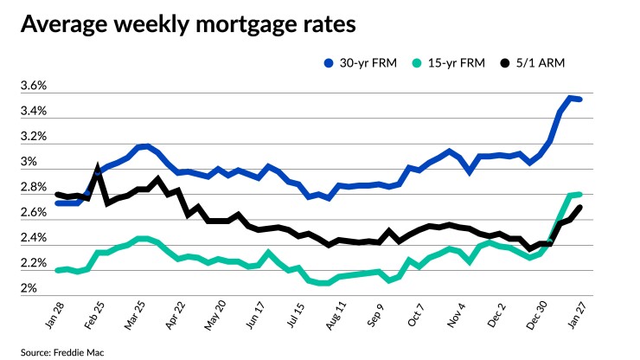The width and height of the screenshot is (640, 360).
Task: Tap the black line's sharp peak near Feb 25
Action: pos(98,167)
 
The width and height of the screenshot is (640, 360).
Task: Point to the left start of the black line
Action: pos(57,194)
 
